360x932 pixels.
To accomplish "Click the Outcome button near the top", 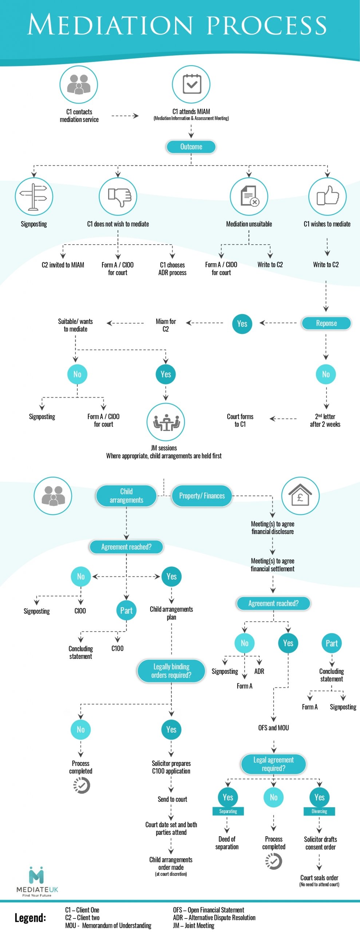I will pyautogui.click(x=191, y=147).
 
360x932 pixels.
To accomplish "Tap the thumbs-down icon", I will pyautogui.click(x=118, y=197).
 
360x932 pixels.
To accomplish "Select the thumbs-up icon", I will pyautogui.click(x=327, y=196).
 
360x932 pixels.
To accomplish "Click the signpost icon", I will pyautogui.click(x=34, y=197).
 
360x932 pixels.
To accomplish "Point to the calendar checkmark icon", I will pyautogui.click(x=191, y=84).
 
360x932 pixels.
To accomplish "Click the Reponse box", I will pyautogui.click(x=326, y=323).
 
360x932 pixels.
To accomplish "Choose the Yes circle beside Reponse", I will pyautogui.click(x=242, y=324).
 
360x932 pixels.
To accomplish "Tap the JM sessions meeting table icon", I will pyautogui.click(x=166, y=422).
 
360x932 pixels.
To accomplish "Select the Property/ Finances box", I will pyautogui.click(x=202, y=496).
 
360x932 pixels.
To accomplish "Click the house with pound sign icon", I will pyautogui.click(x=300, y=495).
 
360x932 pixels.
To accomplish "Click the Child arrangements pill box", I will pyautogui.click(x=126, y=495).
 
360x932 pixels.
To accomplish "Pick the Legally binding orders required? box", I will pyautogui.click(x=171, y=671).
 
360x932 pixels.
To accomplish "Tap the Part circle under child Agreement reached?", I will pyautogui.click(x=126, y=611).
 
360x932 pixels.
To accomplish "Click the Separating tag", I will pyautogui.click(x=228, y=811).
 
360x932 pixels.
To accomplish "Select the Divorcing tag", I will pyautogui.click(x=319, y=811).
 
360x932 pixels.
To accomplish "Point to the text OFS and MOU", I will pyautogui.click(x=273, y=727).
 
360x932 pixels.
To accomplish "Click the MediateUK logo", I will pyautogui.click(x=37, y=881).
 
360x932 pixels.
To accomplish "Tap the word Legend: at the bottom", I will pyautogui.click(x=30, y=917).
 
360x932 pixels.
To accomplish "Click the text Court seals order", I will pyautogui.click(x=319, y=878).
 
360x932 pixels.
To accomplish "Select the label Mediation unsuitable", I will pyautogui.click(x=249, y=224).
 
